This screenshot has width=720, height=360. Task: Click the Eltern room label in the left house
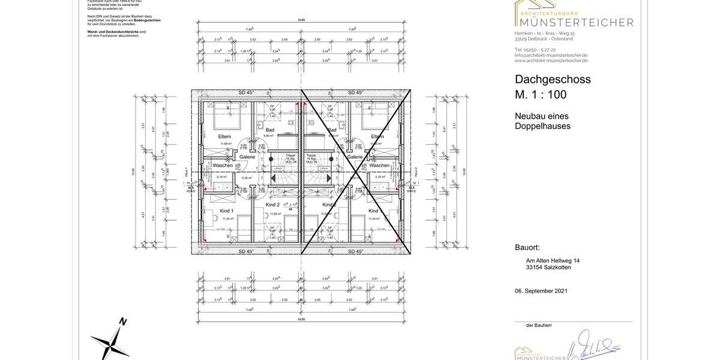coord(225,137)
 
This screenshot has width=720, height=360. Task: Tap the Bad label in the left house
coord(269,130)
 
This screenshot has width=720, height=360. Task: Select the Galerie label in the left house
coord(248,157)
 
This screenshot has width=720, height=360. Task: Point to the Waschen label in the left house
coord(222,165)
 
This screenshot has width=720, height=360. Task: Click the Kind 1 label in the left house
coord(226,211)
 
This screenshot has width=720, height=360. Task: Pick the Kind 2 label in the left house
coord(272,205)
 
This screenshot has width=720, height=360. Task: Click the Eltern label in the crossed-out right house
coord(377,137)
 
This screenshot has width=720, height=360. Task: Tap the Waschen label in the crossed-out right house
coord(379,165)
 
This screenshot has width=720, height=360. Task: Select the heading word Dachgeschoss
coord(553,79)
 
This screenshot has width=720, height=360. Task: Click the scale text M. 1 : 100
coord(540,94)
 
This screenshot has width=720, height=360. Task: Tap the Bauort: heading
coord(527,247)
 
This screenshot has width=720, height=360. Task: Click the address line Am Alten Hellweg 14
coord(553,260)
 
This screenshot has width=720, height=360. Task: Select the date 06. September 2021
coord(541,291)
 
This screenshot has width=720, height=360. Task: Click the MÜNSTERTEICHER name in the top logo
coord(574,23)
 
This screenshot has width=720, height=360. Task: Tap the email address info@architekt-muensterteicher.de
coord(551,55)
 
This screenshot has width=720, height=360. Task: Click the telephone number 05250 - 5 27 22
coord(535,49)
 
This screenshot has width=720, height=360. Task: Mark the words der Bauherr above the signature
coord(538,325)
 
